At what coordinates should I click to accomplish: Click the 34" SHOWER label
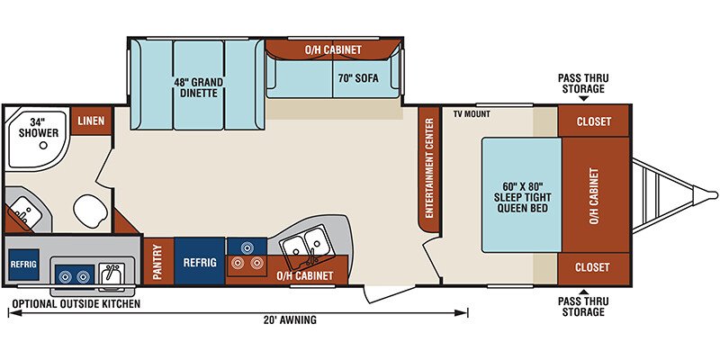coord(44,128)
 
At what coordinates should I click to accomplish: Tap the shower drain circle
coord(43,146)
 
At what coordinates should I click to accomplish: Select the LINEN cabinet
coord(91,121)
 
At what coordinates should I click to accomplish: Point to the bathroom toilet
coord(90,211)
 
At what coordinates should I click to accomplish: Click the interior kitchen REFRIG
coord(200,262)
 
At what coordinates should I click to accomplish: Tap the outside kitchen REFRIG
coord(23,265)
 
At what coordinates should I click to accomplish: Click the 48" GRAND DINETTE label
coord(198,87)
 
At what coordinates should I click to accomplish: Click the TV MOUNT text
coord(472,114)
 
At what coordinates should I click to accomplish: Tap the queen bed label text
coord(522,197)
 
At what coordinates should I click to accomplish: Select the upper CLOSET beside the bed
coord(594,121)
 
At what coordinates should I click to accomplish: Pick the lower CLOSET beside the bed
coord(594,267)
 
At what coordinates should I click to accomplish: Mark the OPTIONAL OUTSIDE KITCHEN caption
coord(76,304)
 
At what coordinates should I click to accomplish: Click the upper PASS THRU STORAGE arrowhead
coord(583,98)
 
